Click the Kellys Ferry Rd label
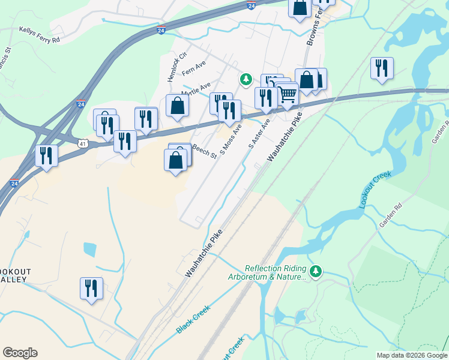(40, 34)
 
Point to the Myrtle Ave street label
(197, 90)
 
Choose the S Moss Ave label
(231, 139)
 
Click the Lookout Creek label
(375, 190)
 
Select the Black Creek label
(191, 321)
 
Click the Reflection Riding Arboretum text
(276, 272)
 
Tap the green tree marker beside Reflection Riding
(316, 272)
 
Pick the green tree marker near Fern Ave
(246, 79)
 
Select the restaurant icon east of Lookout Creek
(382, 68)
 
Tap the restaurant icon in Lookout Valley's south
(91, 288)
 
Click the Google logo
(20, 353)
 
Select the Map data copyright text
(412, 355)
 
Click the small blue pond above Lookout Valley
(90, 250)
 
